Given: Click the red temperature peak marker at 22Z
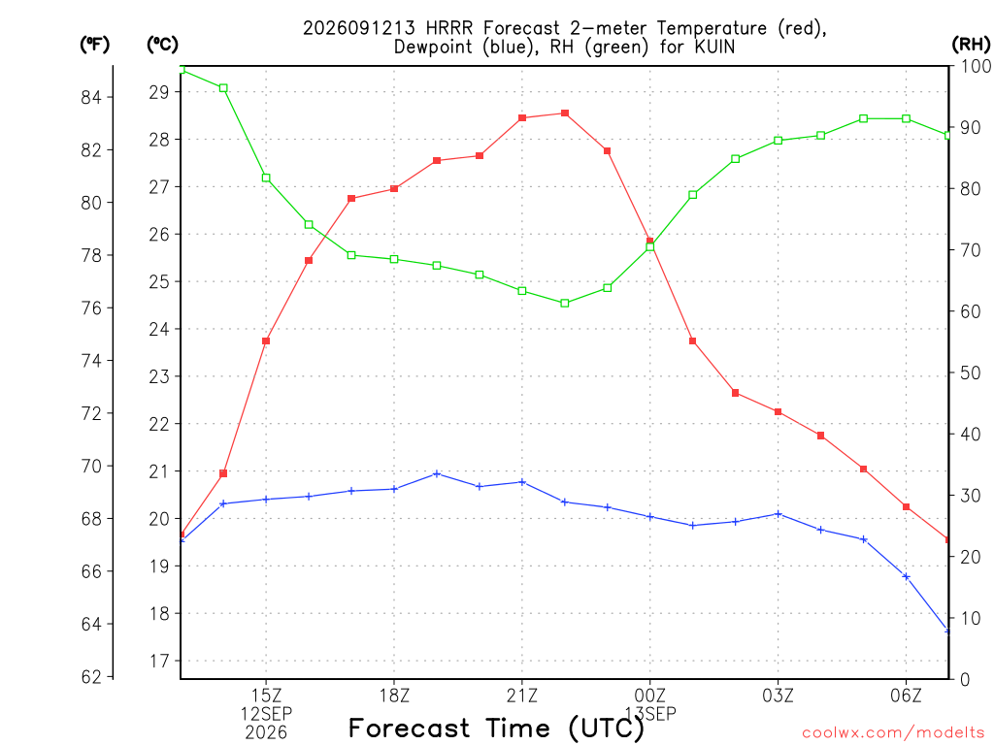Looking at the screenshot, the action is (565, 113).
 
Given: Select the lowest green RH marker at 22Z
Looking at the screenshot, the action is (565, 304).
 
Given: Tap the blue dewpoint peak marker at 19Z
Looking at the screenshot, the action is (437, 473).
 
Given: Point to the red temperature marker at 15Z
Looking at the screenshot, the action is (266, 340).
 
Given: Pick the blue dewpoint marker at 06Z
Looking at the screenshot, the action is (906, 576).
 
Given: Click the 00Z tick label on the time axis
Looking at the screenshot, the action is (649, 696).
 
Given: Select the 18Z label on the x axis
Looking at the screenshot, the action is (394, 696).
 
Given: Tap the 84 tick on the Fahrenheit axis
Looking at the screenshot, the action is (91, 97).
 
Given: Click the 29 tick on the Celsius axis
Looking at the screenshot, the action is (159, 92).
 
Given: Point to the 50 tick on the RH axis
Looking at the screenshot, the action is (970, 372).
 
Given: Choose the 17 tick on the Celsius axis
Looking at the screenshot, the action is (159, 662).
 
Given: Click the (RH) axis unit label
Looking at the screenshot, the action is (971, 44).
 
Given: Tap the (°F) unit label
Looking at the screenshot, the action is (94, 44).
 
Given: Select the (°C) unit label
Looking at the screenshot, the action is (162, 44).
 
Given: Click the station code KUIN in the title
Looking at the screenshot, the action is (714, 47).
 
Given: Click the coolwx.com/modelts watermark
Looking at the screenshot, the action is (893, 732).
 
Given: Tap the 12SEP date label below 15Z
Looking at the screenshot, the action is (266, 714).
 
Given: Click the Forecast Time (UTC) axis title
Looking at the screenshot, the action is (496, 729).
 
